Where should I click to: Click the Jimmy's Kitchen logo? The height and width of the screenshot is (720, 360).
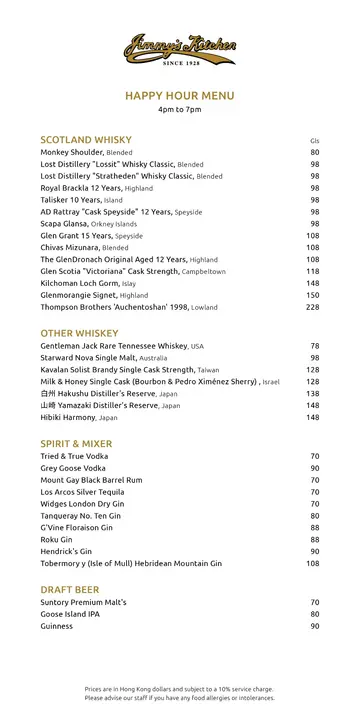coord(180,48)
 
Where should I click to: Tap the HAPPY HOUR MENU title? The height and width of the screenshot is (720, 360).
coord(180,95)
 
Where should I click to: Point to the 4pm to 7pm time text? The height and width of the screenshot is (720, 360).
coord(180,109)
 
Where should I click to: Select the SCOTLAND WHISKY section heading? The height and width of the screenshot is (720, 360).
coord(86,139)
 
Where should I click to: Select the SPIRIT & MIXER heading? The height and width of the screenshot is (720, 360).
coord(76,443)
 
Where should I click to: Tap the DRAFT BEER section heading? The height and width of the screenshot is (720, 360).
coord(70,589)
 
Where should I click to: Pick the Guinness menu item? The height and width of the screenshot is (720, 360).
coord(57,626)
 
